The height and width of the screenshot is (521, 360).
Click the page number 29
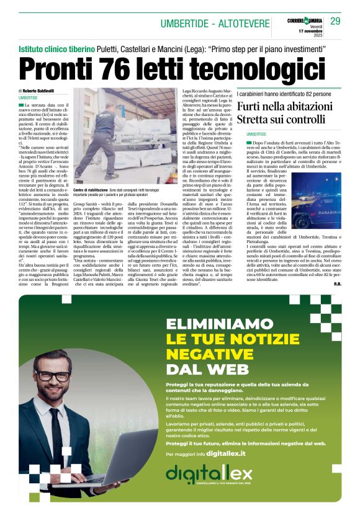(x=335, y=21)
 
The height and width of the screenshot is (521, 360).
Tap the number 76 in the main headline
(x=112, y=68)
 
